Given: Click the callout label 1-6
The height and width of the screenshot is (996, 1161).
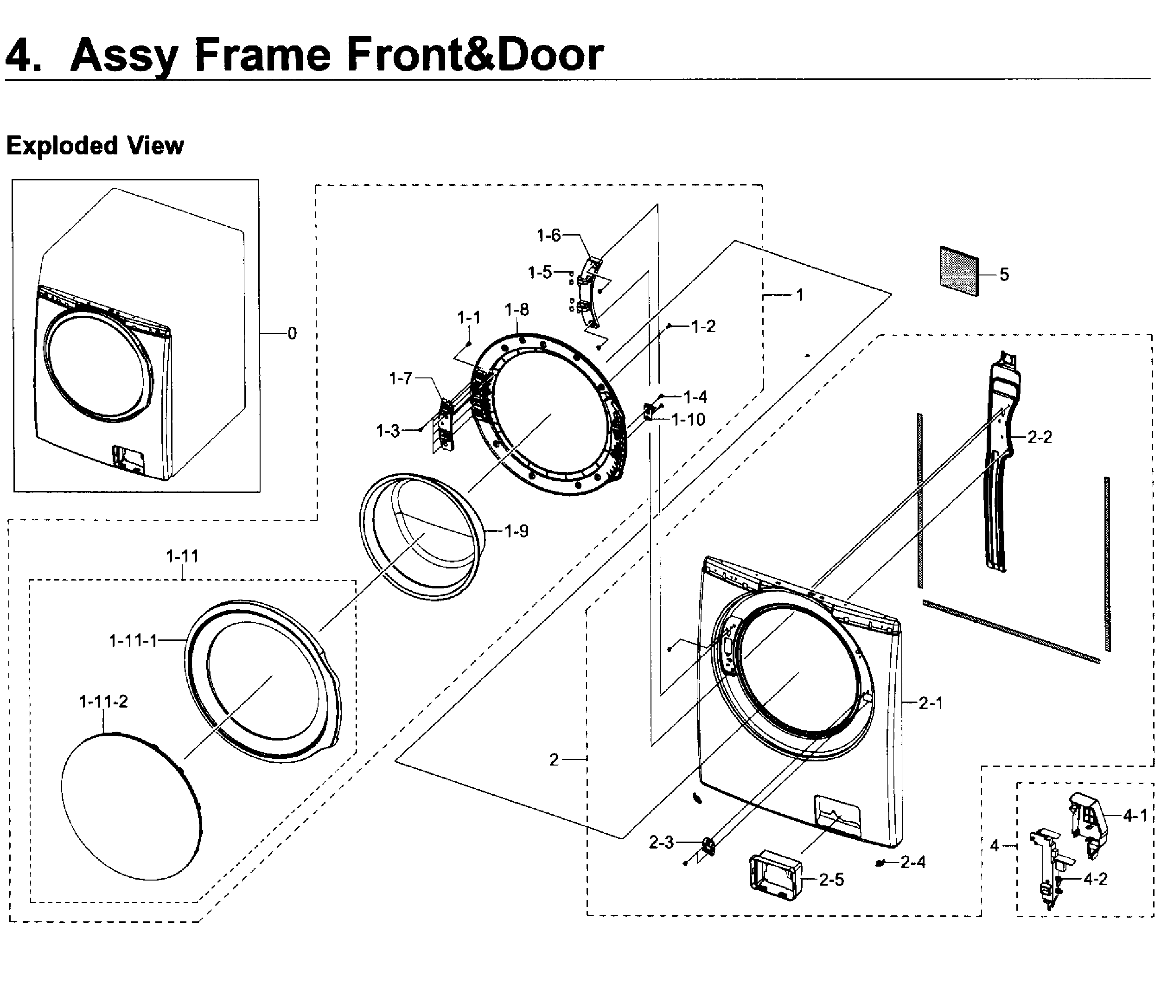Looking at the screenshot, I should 548,236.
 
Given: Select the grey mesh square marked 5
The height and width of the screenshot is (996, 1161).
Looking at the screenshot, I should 959,271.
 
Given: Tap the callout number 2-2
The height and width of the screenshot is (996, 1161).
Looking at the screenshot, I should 1040,437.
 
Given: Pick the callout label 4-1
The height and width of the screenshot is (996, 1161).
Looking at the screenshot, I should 1135,816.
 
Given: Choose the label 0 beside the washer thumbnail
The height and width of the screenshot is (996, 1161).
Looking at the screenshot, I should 292,333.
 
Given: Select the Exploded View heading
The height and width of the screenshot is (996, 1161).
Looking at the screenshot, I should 95,146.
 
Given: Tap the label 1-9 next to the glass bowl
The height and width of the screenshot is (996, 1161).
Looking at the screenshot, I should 516,531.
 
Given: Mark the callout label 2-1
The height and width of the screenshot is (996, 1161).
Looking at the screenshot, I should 931,702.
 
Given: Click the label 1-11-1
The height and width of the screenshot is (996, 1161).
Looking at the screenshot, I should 133,641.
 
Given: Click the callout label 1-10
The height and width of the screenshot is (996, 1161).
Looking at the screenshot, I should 688,419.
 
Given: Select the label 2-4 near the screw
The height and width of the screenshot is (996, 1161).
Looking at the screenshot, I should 913,862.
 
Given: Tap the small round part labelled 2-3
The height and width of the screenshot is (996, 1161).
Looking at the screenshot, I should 709,846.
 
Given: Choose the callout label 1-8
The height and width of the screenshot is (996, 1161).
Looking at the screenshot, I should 516,309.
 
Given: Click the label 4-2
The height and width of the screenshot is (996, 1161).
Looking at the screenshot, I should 1096,879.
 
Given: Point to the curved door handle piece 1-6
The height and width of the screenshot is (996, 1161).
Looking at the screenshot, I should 588,292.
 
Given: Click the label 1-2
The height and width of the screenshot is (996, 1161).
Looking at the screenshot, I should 703,326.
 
